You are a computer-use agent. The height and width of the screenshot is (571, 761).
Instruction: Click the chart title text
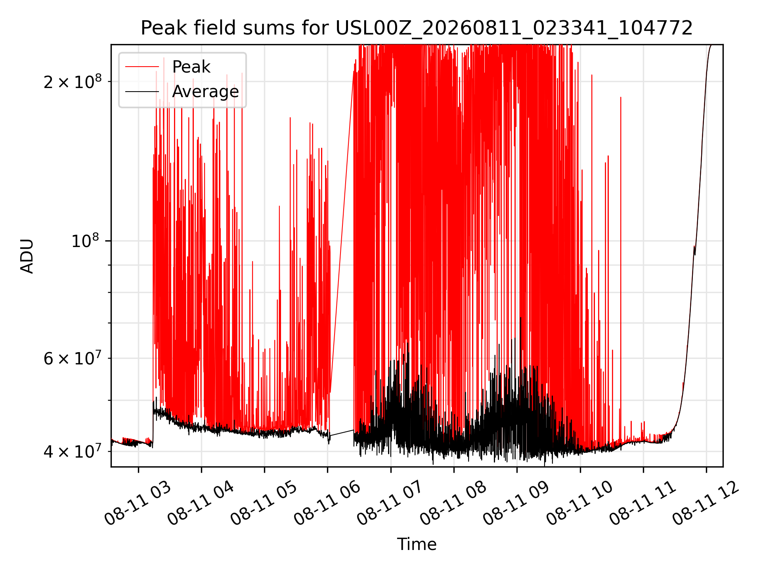point(417,28)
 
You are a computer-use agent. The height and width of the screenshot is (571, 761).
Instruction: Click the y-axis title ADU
point(27,256)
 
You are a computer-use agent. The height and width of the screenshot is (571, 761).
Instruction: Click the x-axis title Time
point(417,544)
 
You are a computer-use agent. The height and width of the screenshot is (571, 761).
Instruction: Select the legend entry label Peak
point(191,67)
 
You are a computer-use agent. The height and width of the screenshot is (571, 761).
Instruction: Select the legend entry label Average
point(205,92)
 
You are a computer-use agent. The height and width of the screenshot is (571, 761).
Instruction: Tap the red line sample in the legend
point(142,67)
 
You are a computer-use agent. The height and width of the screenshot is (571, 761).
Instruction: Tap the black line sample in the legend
point(142,92)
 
